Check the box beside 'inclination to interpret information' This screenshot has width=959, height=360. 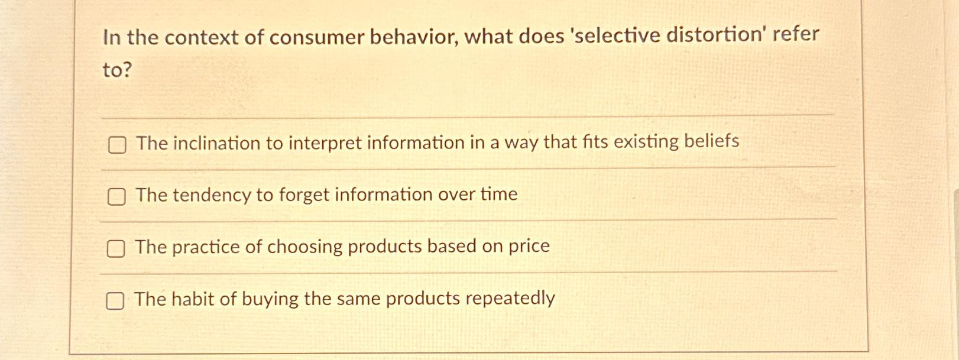tap(117, 145)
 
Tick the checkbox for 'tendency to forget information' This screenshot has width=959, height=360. tap(116, 197)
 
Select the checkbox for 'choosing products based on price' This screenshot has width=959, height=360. tap(116, 249)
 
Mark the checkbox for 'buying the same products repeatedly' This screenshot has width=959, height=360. tap(115, 301)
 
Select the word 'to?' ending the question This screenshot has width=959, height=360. tap(117, 70)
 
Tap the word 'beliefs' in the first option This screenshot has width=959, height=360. tap(711, 141)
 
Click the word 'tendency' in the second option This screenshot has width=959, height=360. tap(211, 195)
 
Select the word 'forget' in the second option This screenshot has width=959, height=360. tap(305, 194)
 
